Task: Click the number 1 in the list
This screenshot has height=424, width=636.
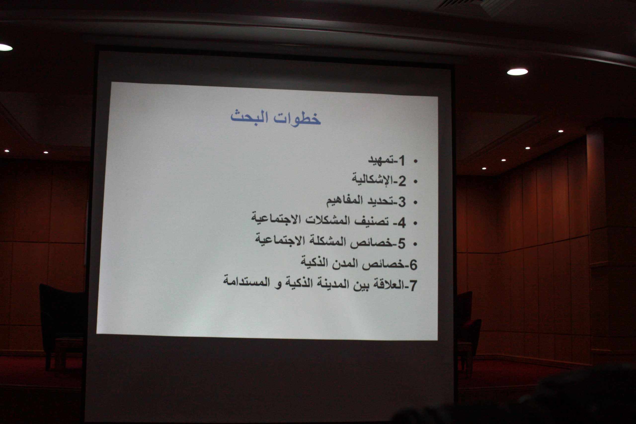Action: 401,161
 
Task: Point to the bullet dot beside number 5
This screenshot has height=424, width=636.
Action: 416,244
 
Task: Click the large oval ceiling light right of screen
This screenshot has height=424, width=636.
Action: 517,72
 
